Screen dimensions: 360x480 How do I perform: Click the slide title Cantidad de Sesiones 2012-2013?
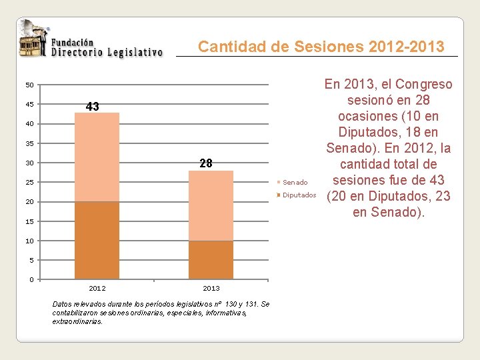point(321,47)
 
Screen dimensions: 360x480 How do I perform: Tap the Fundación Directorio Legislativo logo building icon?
point(32,41)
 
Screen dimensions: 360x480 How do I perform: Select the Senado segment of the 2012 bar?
point(97,157)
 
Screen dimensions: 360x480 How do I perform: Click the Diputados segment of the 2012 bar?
point(97,240)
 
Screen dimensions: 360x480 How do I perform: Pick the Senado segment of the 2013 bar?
point(211,205)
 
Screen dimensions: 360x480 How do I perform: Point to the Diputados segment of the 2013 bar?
point(211,259)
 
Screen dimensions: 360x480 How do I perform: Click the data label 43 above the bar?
point(93,107)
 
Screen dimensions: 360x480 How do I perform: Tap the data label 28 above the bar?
point(205,163)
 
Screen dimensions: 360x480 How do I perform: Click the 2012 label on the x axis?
point(97,288)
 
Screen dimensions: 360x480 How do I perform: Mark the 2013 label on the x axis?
point(211,288)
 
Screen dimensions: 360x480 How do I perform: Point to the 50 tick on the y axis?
point(30,85)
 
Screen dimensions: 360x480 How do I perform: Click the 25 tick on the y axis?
point(30,183)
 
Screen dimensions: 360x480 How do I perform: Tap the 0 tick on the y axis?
point(31,279)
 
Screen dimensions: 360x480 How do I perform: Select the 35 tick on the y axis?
point(30,144)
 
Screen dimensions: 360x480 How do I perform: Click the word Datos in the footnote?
point(61,304)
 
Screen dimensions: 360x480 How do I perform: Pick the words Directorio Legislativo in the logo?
point(107,52)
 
